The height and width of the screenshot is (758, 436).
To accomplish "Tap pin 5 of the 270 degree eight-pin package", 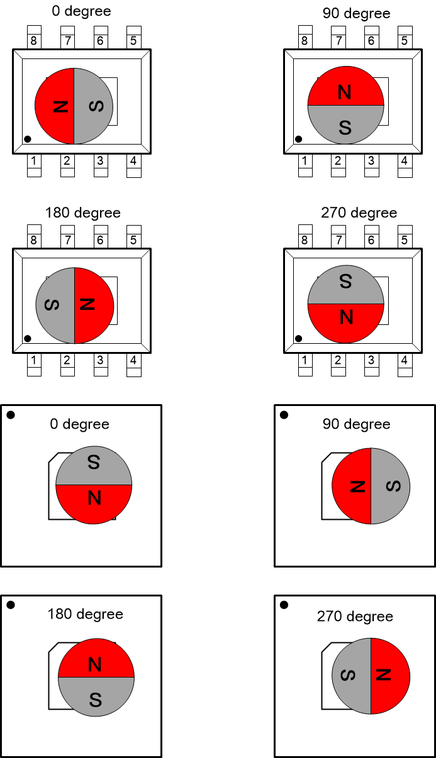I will pyautogui.click(x=404, y=239).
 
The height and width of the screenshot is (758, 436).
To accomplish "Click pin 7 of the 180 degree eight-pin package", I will pyautogui.click(x=67, y=239).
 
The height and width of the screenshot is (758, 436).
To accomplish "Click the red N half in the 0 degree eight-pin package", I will pyautogui.click(x=55, y=106).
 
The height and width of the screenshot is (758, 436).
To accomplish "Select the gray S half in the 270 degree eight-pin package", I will pyautogui.click(x=345, y=285).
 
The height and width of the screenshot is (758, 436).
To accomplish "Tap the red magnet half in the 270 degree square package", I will pyautogui.click(x=390, y=676).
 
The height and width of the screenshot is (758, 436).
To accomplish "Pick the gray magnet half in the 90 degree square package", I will pyautogui.click(x=390, y=486).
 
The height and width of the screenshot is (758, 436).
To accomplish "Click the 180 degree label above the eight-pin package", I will pyautogui.click(x=82, y=213).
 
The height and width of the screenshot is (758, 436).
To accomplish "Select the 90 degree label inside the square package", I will pyautogui.click(x=356, y=424).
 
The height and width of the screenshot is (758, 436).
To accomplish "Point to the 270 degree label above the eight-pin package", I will pyautogui.click(x=359, y=213).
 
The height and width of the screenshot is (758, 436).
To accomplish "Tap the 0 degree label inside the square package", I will pyautogui.click(x=79, y=424).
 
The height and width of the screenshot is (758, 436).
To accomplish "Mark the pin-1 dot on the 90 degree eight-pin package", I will pyautogui.click(x=299, y=139).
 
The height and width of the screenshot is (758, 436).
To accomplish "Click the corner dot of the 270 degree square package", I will pyautogui.click(x=284, y=605).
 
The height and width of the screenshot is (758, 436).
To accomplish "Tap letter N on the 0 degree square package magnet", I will pyautogui.click(x=94, y=498).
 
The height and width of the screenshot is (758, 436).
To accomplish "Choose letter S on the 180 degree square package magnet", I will pyautogui.click(x=96, y=699).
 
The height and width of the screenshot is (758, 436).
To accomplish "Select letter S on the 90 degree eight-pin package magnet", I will pyautogui.click(x=345, y=127).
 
